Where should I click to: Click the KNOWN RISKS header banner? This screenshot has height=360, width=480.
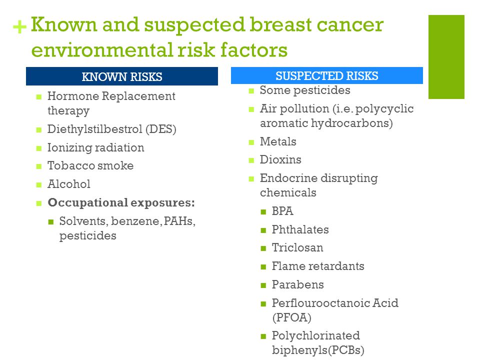point(122,76)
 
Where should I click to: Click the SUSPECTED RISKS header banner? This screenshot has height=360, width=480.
point(327,75)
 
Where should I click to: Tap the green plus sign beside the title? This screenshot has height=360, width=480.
point(19,26)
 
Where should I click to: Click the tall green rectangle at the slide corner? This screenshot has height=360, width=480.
point(446,57)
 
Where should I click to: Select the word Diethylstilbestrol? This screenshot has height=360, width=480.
point(95,129)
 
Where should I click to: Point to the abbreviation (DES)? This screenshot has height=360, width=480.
point(161,129)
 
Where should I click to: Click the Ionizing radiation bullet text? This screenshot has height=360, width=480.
point(96,147)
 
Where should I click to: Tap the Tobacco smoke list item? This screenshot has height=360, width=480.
point(90,165)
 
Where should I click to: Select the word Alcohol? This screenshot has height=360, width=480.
point(69,184)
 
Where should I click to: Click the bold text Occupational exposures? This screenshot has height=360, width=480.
point(121,202)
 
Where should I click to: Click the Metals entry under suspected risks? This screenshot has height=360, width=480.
point(278,141)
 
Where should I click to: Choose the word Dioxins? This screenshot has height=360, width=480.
point(280,159)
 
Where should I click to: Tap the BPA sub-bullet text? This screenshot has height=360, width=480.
point(282,211)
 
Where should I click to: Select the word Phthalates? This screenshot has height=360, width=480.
point(300,229)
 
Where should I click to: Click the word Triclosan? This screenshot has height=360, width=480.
point(297,247)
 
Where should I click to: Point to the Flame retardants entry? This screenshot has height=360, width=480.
point(318,266)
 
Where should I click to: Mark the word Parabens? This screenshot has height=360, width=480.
point(298,284)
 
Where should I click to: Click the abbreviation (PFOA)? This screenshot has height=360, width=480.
point(291,317)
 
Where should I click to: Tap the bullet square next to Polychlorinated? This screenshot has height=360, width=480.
point(263,336)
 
